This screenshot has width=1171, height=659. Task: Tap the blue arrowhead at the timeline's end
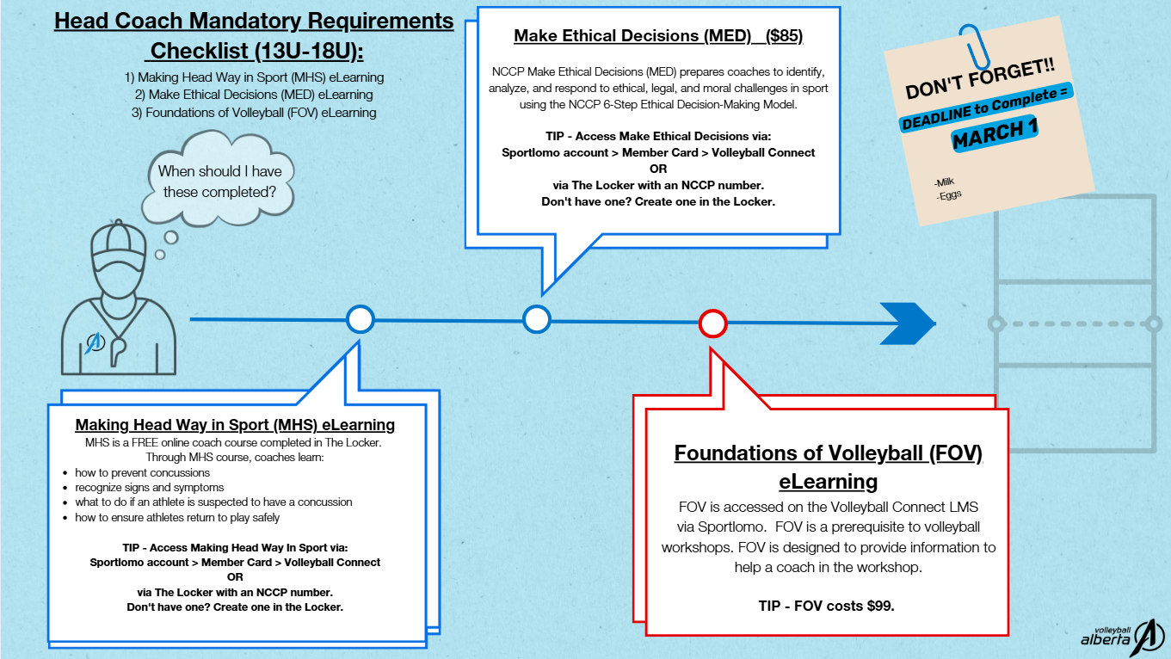point(908,323)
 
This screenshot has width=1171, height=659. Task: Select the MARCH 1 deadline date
point(995,133)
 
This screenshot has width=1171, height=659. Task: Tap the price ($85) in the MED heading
point(784,35)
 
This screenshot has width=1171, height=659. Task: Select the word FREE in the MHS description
point(145,443)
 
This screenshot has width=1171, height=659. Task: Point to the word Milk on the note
point(944,182)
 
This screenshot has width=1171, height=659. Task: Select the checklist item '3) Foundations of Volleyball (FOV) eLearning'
point(254,113)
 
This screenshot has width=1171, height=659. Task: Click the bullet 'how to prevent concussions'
point(142,473)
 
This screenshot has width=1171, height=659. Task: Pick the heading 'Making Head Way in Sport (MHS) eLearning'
point(235,424)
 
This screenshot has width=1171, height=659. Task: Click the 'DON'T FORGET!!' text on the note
point(980,79)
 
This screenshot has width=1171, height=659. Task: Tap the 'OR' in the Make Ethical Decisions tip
point(658,169)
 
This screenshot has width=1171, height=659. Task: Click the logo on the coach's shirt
point(96,342)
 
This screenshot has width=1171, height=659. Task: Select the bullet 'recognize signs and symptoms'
point(150,488)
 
